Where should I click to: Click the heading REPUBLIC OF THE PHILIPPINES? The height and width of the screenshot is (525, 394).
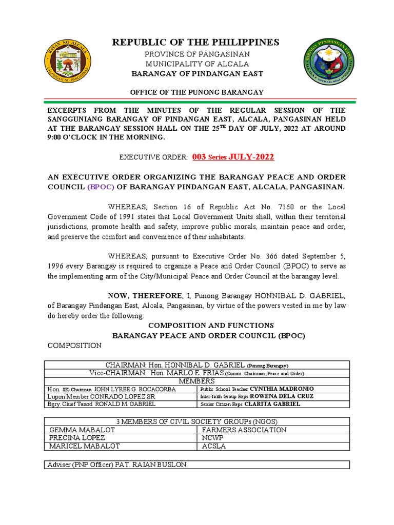pos(196,42)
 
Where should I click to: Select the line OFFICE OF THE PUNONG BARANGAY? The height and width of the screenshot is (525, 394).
pos(196,92)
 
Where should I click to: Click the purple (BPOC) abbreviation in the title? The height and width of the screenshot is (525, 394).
pos(102,187)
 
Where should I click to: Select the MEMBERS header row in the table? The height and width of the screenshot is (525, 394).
pos(197,381)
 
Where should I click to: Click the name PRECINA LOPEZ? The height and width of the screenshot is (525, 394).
pos(76,438)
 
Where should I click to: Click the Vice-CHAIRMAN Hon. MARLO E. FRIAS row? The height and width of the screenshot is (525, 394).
pos(197,373)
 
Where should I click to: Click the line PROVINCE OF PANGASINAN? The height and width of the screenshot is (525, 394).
pos(196,54)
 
